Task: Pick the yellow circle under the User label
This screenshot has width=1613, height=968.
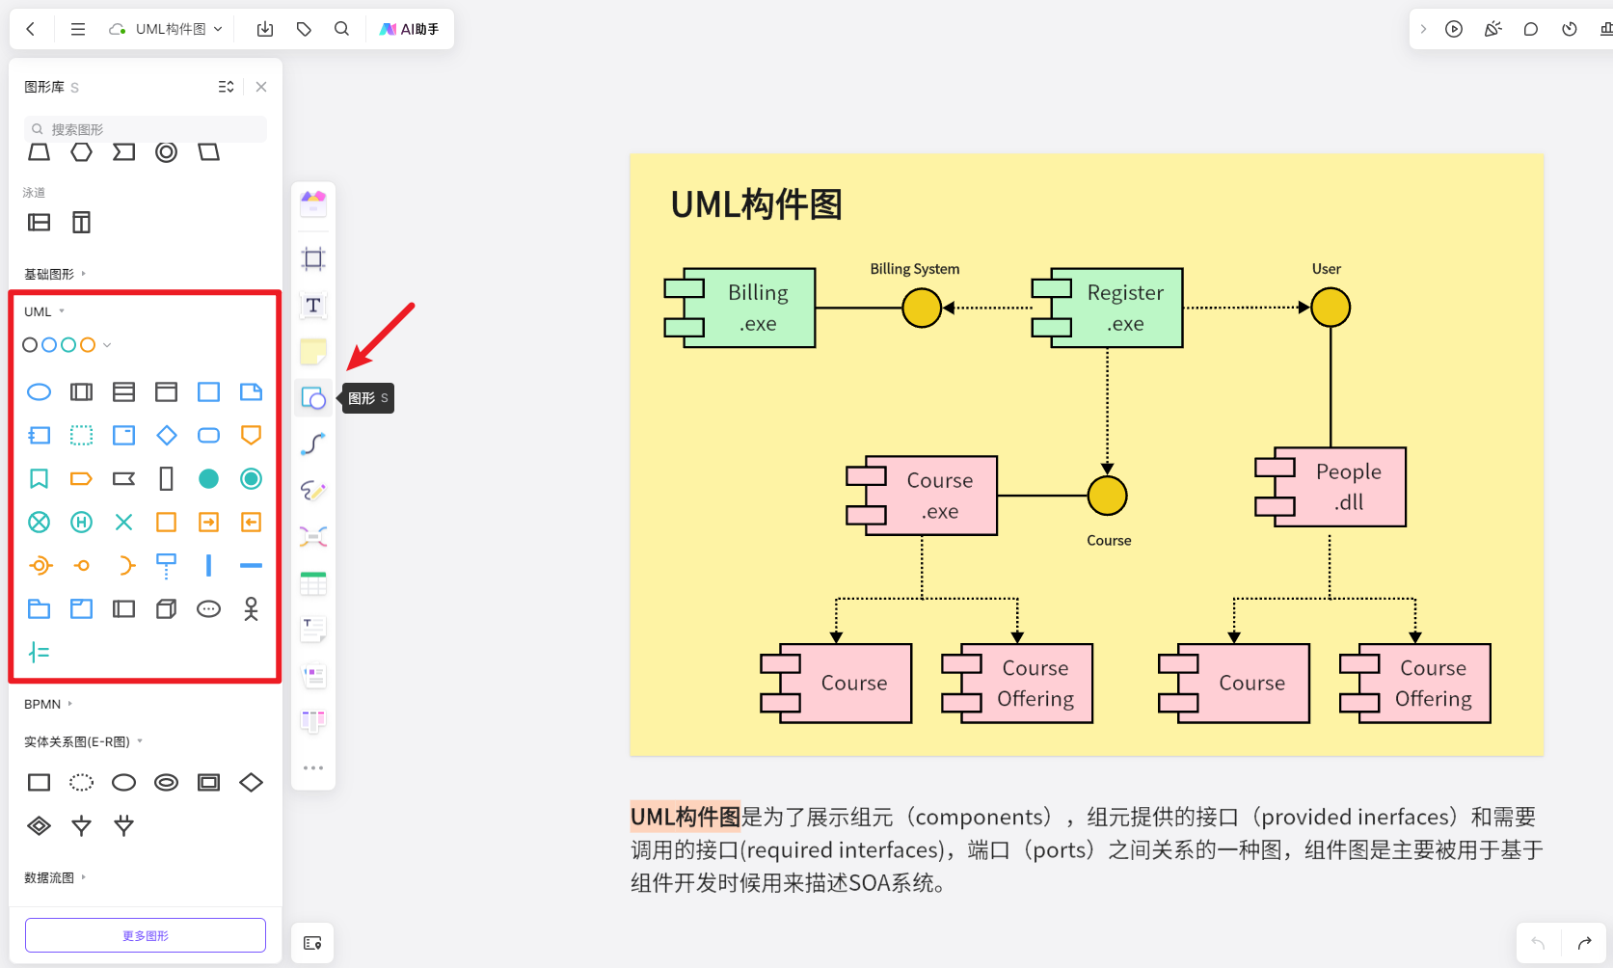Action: tap(1331, 308)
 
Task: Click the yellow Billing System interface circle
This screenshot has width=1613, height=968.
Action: tap(922, 308)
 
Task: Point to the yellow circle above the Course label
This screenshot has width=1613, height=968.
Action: tap(1107, 496)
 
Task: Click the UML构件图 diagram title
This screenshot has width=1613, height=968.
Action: tap(757, 204)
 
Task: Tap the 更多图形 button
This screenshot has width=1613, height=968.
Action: tap(146, 935)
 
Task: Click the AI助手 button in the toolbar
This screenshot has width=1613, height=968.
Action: tap(410, 29)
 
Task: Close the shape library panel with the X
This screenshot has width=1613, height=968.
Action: tap(261, 87)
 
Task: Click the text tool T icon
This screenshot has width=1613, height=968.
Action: tap(313, 306)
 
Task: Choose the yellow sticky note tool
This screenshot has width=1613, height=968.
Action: tap(313, 352)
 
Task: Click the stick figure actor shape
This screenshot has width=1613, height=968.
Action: tap(251, 608)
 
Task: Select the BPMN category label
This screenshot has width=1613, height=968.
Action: tap(42, 704)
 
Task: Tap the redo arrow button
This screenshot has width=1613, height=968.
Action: tap(1584, 943)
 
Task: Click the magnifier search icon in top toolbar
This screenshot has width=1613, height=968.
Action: tap(341, 29)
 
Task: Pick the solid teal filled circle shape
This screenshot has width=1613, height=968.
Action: tap(208, 479)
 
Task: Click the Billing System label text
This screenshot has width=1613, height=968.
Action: tap(914, 269)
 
